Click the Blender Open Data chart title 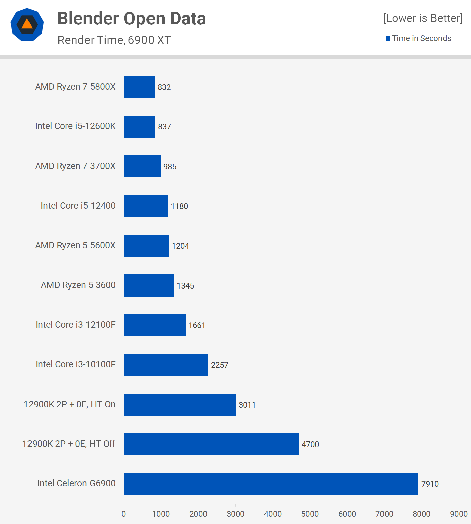(x=131, y=18)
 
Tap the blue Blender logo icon (x=27, y=24)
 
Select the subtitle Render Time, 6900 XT (x=114, y=40)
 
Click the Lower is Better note (x=422, y=18)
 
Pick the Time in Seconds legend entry (x=421, y=38)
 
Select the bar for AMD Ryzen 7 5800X (x=139, y=87)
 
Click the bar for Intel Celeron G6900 (x=271, y=484)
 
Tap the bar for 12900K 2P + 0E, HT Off (x=211, y=444)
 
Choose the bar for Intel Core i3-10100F (x=166, y=365)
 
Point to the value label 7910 (x=430, y=484)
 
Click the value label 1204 (x=180, y=246)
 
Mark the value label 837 (x=164, y=127)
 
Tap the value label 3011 (x=247, y=405)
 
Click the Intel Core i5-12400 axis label (x=78, y=206)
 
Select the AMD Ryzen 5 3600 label (x=78, y=285)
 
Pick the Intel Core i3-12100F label (x=75, y=325)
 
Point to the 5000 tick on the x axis (x=310, y=514)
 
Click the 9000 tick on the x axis (x=459, y=514)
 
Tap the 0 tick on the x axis (x=124, y=514)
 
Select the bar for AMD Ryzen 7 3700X (x=142, y=166)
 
